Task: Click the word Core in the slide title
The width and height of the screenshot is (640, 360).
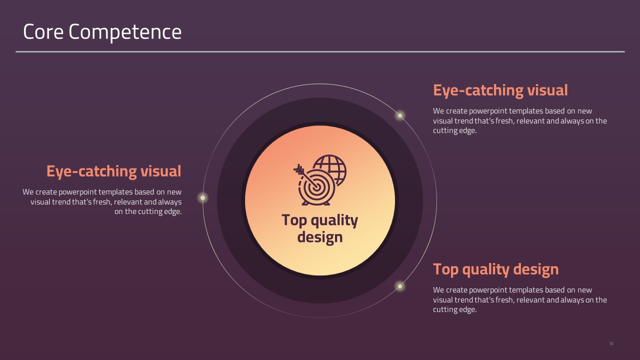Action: [43, 31]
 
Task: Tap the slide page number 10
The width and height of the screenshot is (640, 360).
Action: [611, 343]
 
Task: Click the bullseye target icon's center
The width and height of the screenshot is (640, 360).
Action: [316, 187]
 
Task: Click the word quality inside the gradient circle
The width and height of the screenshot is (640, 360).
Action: [334, 220]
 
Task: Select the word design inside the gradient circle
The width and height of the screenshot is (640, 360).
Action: [319, 237]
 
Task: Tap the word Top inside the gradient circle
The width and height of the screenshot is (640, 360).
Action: [294, 220]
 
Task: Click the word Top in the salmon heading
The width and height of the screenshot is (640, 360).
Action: [446, 269]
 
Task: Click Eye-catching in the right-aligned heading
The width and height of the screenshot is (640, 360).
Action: [92, 171]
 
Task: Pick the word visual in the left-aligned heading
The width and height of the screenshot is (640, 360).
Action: [547, 90]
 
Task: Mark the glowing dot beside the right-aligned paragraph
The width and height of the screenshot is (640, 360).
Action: [203, 197]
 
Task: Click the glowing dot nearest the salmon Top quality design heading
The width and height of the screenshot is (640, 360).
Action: [400, 286]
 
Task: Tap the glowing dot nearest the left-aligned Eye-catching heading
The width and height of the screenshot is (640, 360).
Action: [400, 115]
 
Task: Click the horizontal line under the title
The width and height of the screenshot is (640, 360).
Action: [320, 51]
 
